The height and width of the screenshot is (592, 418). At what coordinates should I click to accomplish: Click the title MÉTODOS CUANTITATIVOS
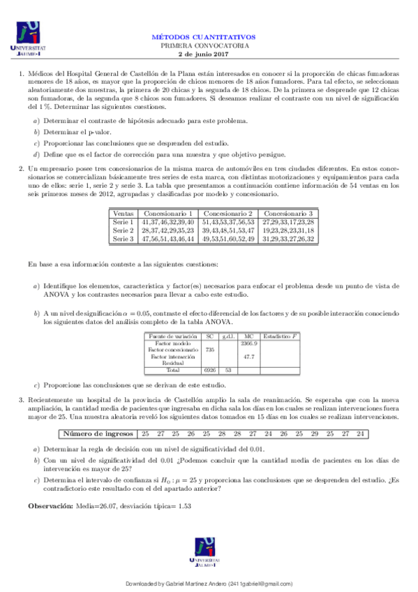204,36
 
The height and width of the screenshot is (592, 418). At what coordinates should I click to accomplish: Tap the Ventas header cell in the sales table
124,213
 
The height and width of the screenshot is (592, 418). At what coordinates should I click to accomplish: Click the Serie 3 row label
124,239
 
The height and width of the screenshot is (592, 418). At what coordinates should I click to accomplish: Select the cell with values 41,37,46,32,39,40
167,221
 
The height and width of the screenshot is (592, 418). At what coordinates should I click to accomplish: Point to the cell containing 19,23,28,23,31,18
288,230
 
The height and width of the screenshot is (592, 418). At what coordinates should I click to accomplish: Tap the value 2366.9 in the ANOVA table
249,343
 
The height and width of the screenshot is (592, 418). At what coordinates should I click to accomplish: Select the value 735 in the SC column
209,350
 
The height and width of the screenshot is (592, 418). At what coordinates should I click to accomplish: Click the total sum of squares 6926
209,370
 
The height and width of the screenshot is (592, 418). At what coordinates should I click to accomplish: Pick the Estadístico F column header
281,336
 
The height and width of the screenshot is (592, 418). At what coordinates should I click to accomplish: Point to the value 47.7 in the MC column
249,357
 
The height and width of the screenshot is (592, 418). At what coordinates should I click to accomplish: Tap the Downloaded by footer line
209,583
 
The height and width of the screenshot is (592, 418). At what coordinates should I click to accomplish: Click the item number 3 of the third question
21,398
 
